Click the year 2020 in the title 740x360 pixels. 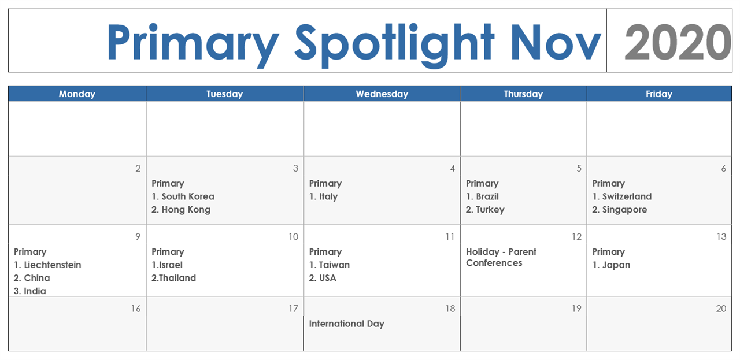pos(677,42)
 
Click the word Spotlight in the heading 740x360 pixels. pos(394,45)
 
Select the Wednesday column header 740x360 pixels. pos(382,94)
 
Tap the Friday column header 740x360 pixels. pos(659,94)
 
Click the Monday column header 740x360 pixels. pos(77,94)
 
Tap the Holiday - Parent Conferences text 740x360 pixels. pos(501,257)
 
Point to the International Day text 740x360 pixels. pos(347,324)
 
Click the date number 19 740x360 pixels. pos(576,309)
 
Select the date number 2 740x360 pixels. pos(138,168)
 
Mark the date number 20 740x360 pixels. pos(721,309)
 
